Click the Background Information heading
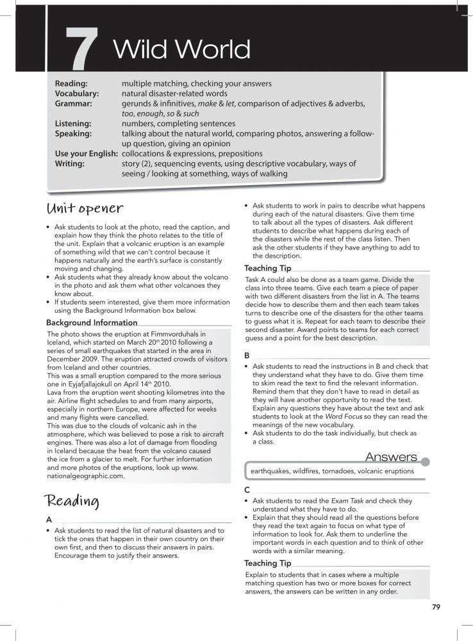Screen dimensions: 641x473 (92, 322)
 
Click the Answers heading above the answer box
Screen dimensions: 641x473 (390, 456)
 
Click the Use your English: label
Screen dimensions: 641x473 (86, 154)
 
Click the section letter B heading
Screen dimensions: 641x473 (247, 355)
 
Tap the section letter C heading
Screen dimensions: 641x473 (247, 490)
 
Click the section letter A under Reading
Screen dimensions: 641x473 (50, 520)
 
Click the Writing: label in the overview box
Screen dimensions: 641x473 (71, 164)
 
